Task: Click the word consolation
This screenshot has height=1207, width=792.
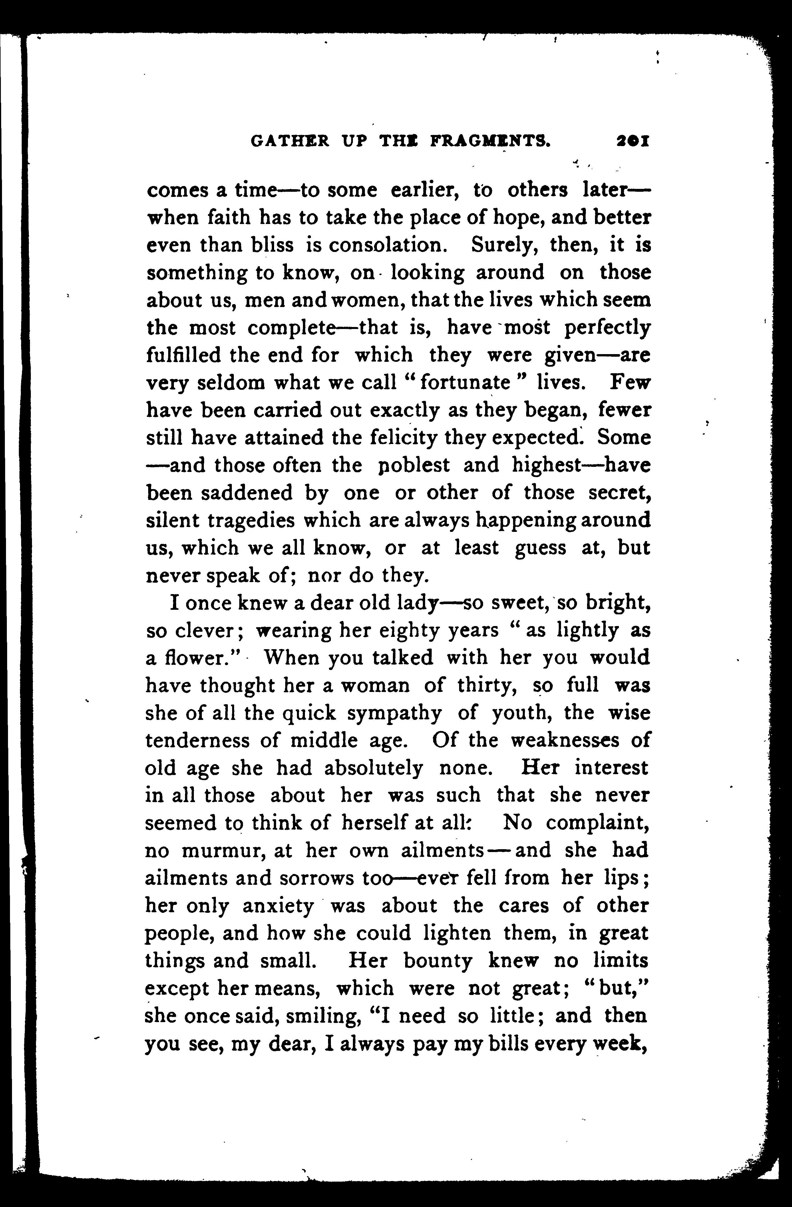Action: click(388, 245)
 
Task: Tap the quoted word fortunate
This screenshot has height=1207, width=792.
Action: click(465, 382)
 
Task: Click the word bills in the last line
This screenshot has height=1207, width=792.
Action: click(495, 1044)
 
